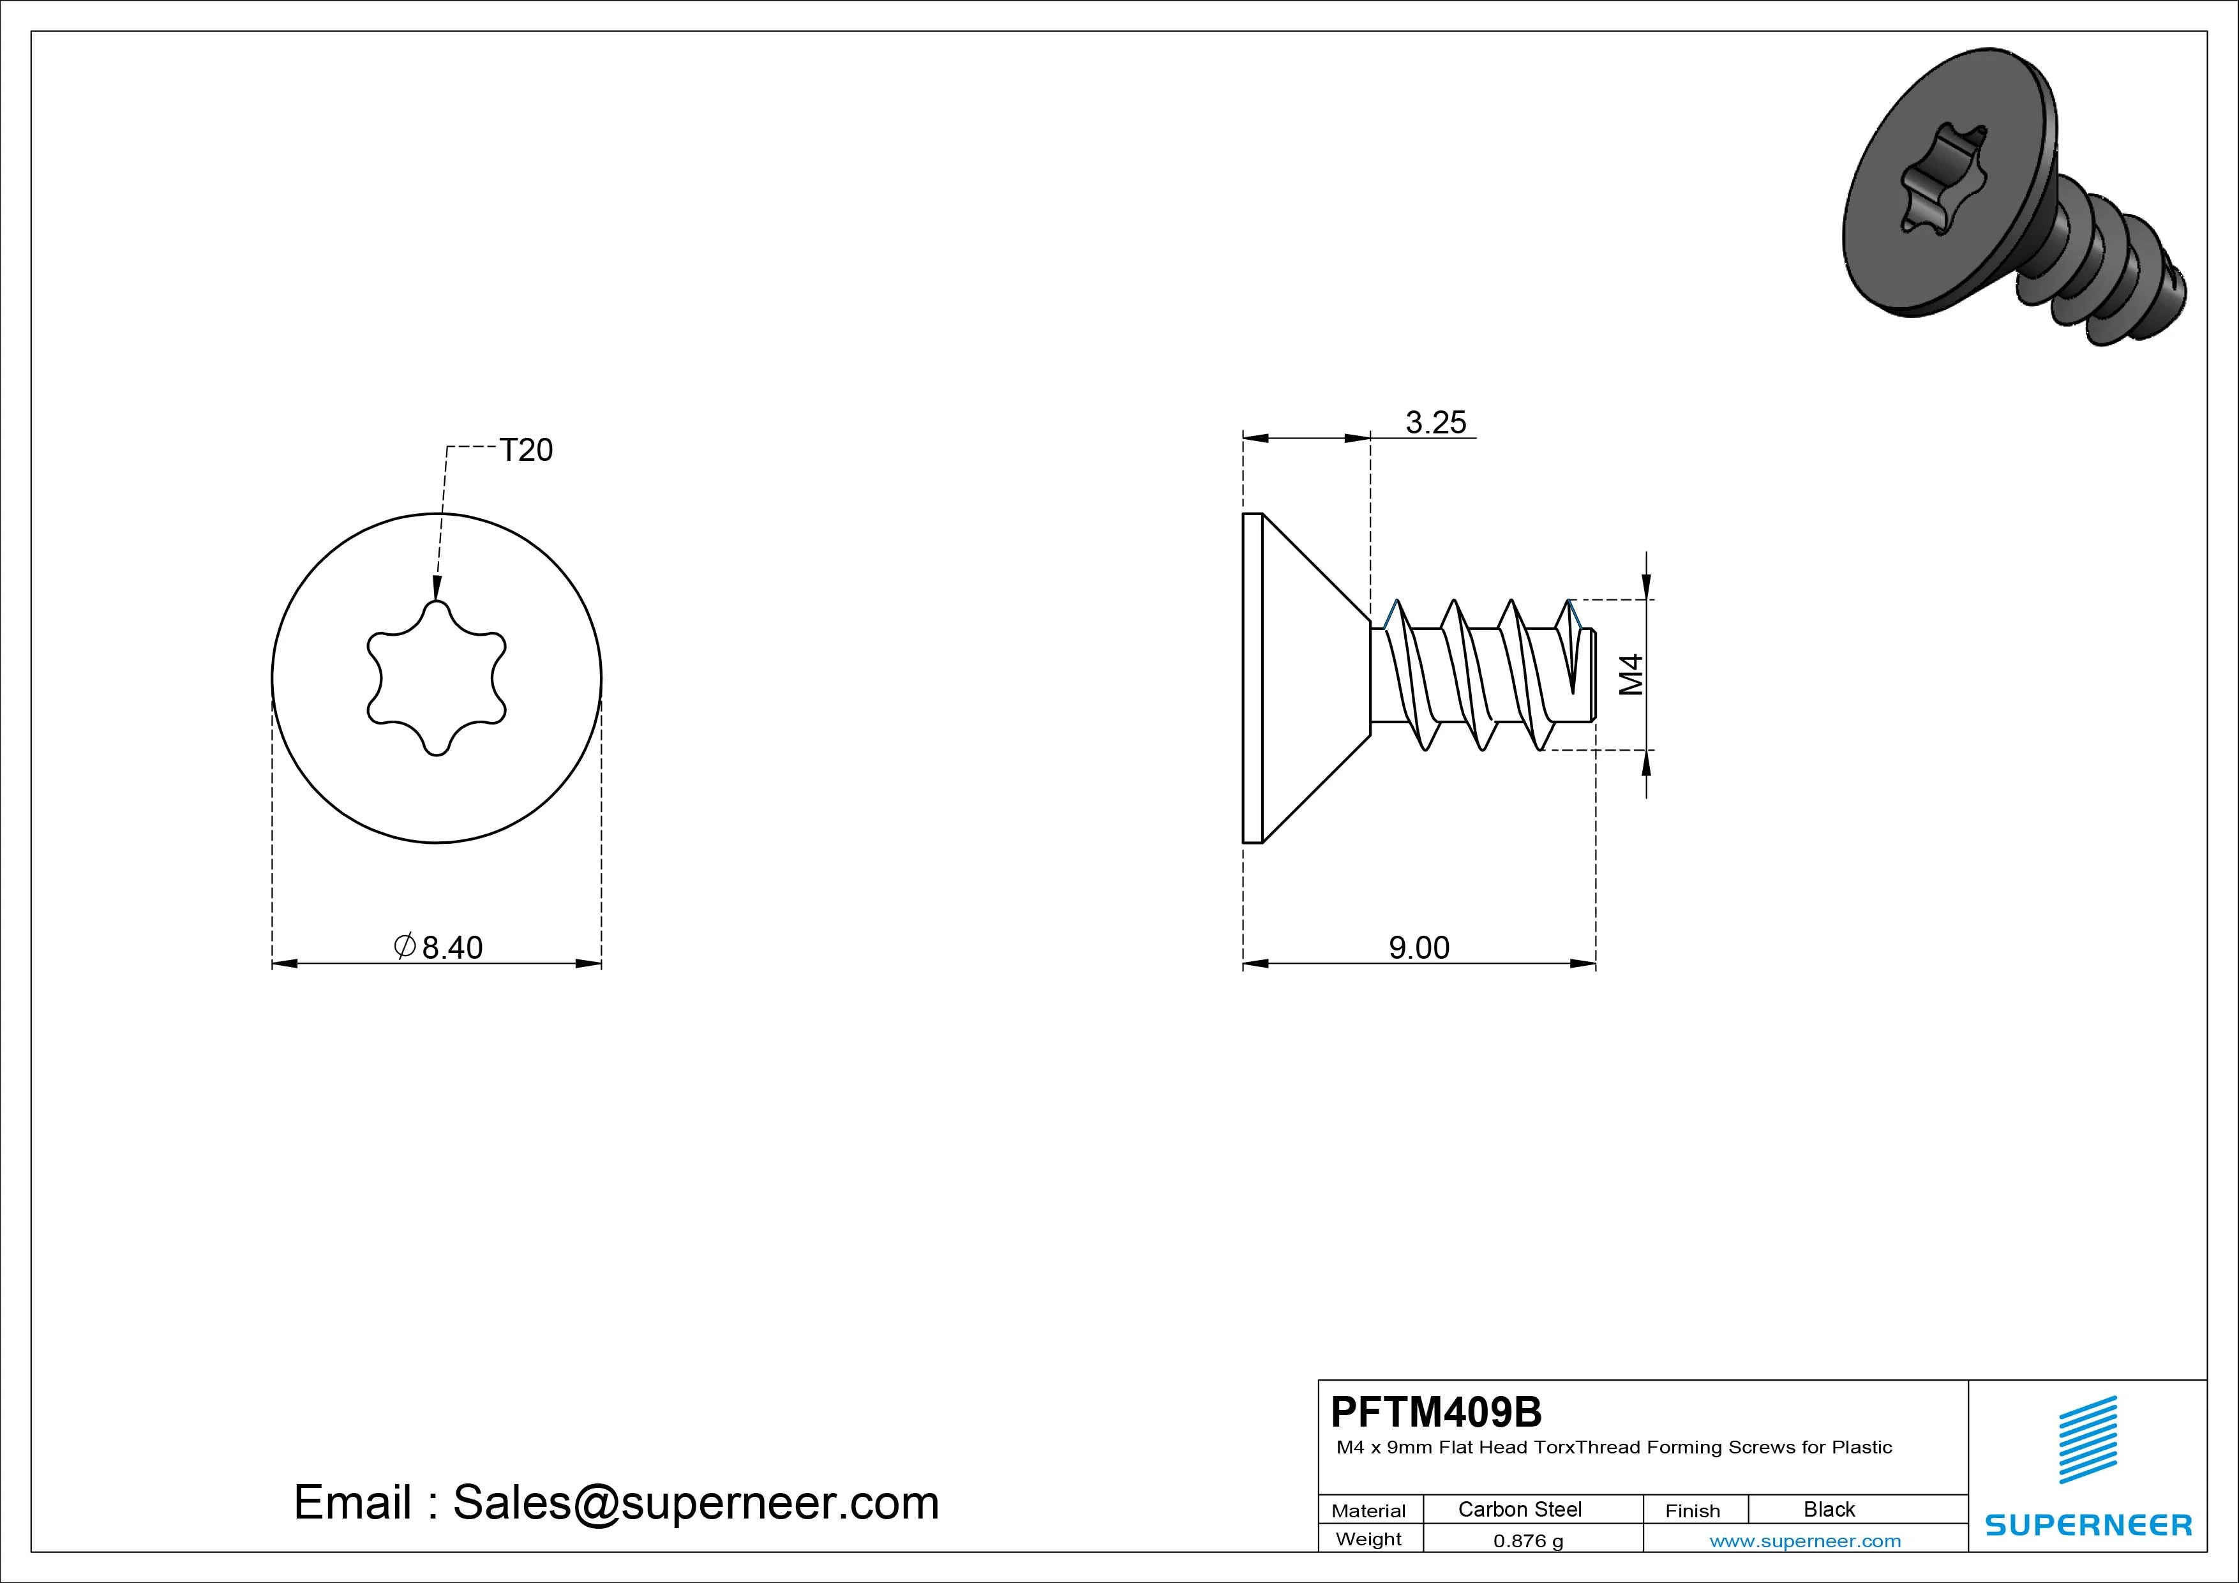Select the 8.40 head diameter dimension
click(451, 947)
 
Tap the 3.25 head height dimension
click(1435, 423)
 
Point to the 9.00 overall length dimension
click(1419, 947)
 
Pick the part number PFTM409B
click(1437, 1411)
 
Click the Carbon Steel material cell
click(1519, 1509)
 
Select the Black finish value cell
click(1829, 1509)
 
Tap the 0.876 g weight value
click(1528, 1541)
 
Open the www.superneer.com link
click(1805, 1541)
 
